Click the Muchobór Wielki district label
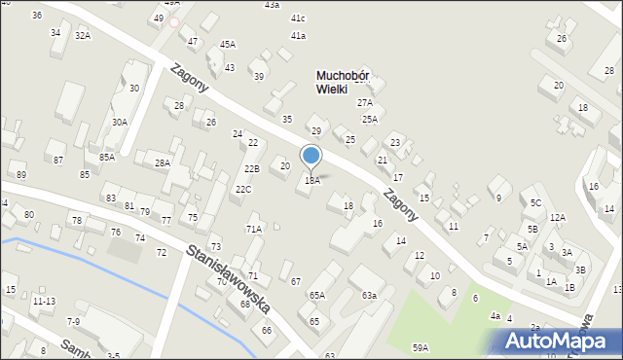346,82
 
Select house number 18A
311,180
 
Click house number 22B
251,168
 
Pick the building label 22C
242,189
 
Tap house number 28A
162,162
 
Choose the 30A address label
119,122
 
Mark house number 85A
107,156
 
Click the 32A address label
83,36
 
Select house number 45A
227,44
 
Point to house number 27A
365,102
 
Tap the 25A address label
370,119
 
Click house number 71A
253,229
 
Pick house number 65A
316,295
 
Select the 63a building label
369,295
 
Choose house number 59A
420,346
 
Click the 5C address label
535,202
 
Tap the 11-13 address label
43,302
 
